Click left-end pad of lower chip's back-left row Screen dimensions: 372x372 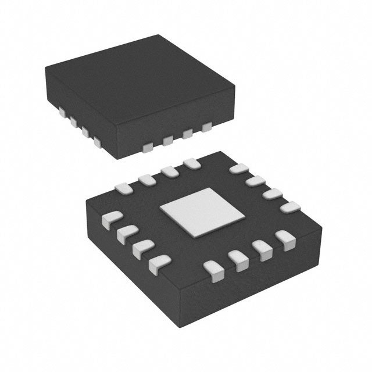click(124, 188)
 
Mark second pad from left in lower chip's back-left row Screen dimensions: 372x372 click(147, 180)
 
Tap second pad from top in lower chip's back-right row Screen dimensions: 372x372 click(255, 182)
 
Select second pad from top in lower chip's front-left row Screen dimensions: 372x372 click(125, 234)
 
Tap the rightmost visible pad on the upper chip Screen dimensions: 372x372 click(206, 127)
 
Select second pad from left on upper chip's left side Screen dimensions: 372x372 click(73, 121)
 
